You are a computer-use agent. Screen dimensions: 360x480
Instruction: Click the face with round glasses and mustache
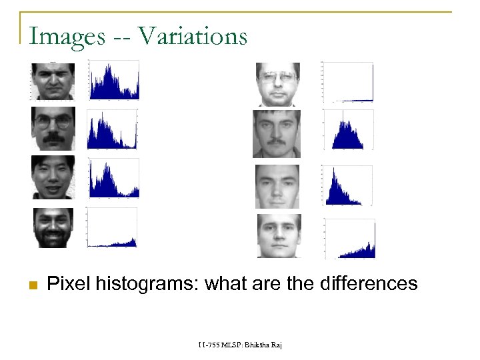click(x=53, y=129)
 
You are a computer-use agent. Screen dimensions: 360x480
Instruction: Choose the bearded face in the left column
click(x=53, y=227)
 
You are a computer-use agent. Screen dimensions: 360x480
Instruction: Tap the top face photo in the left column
click(x=53, y=81)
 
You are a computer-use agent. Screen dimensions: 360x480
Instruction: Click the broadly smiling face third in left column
click(x=53, y=177)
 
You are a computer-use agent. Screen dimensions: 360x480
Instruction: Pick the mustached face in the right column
click(x=277, y=133)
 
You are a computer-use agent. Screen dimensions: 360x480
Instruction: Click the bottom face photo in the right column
click(x=279, y=235)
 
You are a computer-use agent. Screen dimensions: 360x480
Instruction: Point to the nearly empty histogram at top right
click(x=347, y=82)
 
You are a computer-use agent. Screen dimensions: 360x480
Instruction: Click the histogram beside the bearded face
click(x=112, y=227)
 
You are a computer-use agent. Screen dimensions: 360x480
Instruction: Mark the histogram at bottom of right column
click(x=349, y=238)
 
